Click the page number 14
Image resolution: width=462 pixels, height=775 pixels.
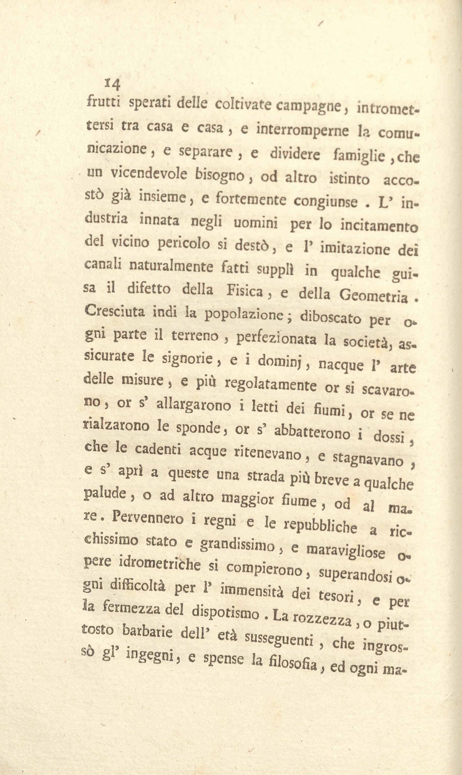[113, 84]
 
